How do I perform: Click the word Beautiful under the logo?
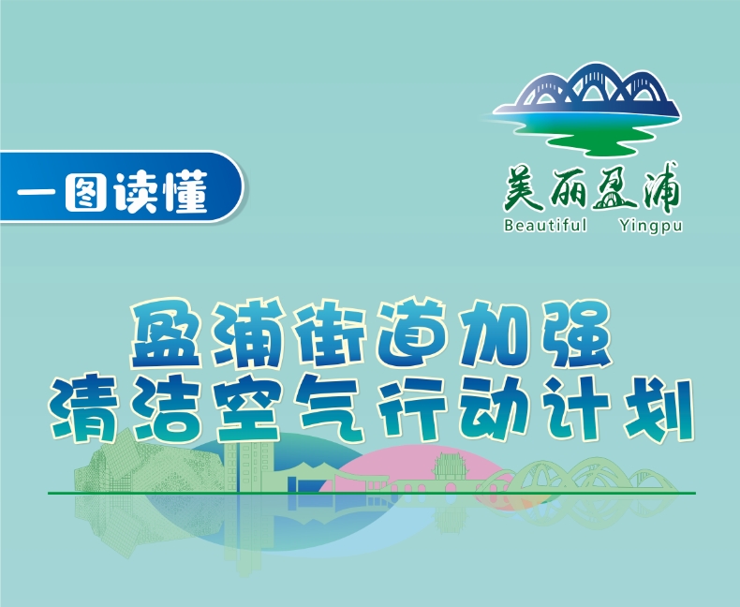click(545, 225)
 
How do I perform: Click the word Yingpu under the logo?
click(651, 226)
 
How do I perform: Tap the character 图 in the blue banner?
click(85, 193)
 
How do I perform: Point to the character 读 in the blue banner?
click(136, 193)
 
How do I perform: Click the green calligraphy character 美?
click(524, 190)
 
